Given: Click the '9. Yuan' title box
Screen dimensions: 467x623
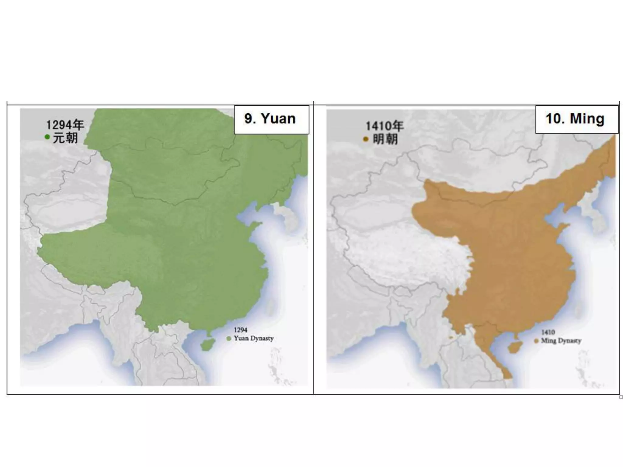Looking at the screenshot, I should tap(271, 119).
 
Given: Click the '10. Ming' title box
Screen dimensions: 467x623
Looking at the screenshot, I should tap(577, 119).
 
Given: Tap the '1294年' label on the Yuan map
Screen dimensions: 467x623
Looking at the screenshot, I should tap(65, 125).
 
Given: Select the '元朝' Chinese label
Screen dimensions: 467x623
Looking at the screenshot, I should tap(65, 138).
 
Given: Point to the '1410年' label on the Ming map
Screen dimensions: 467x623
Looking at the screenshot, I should tap(385, 126).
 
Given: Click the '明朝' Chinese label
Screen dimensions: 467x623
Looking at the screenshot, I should tap(385, 140).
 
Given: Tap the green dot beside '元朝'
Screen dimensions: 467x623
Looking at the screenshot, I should tap(47, 137).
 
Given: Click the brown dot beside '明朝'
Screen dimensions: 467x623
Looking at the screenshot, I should tap(366, 140).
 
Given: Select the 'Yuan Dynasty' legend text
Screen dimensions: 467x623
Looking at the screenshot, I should tap(254, 338).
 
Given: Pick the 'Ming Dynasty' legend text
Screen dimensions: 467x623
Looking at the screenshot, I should tap(561, 341).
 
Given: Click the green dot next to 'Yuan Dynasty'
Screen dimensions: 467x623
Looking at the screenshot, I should tap(229, 339).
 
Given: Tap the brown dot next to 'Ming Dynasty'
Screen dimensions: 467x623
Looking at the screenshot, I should tap(536, 341).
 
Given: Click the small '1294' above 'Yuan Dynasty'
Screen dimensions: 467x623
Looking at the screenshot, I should tap(240, 330).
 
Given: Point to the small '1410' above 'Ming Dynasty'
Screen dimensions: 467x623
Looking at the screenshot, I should tap(548, 332).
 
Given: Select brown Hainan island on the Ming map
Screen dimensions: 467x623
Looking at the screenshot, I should tap(516, 347).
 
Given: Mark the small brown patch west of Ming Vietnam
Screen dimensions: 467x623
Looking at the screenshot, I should tap(451, 337).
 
